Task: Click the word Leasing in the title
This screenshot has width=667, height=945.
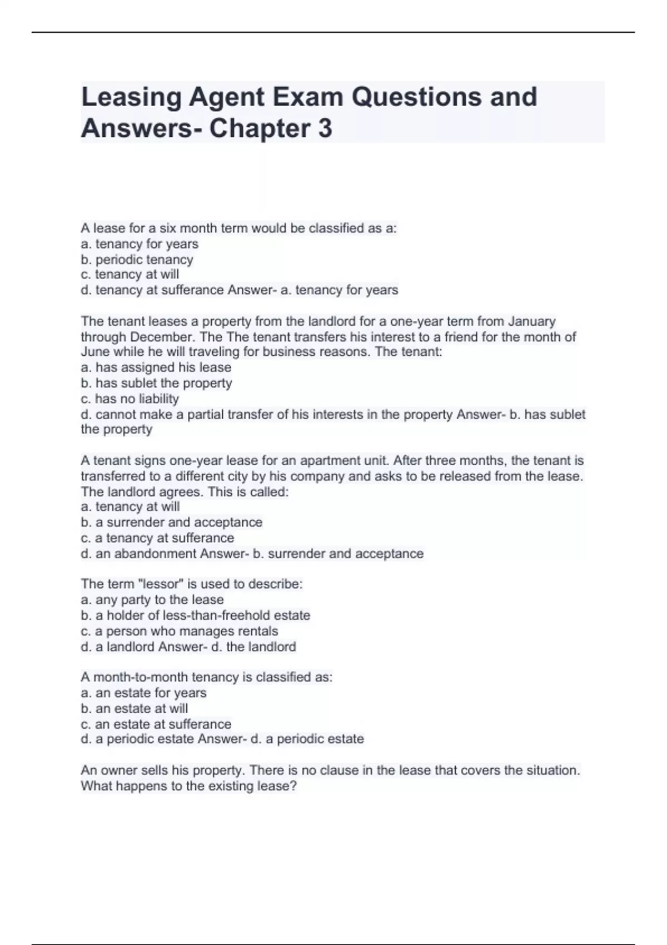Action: pos(131,97)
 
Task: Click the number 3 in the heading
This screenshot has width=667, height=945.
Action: pos(325,128)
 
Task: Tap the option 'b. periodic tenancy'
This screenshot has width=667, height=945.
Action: pos(137,260)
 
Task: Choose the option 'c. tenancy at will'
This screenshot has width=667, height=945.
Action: pos(130,275)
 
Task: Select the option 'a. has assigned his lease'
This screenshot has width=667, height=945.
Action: pos(156,367)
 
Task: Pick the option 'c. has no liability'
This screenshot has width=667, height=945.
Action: pos(130,399)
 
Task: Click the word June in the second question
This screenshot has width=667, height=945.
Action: pos(95,352)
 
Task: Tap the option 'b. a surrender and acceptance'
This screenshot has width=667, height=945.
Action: pos(171,523)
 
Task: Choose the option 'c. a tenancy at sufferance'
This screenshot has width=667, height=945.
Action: pos(157,538)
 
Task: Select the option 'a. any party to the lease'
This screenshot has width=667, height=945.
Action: pos(152,600)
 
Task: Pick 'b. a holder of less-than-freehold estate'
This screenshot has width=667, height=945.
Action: pos(195,615)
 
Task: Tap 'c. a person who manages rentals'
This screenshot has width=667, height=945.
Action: pos(179,631)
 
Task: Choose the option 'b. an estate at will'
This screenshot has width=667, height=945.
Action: pos(134,709)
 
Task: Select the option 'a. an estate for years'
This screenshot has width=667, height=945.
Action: pos(143,693)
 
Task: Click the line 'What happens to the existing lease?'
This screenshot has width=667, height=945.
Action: pos(189,786)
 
